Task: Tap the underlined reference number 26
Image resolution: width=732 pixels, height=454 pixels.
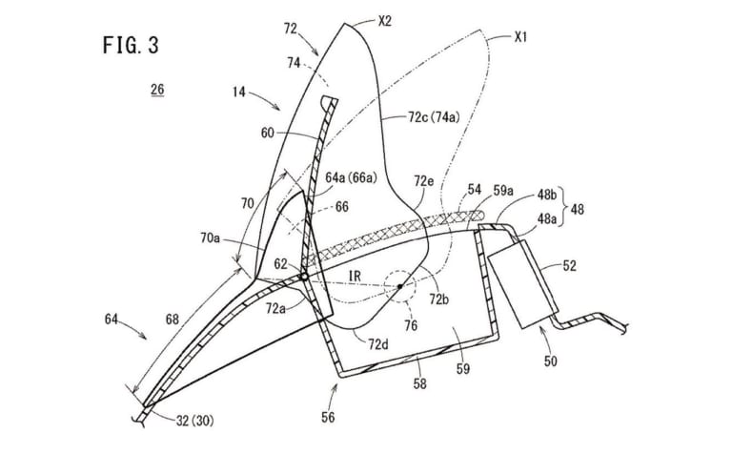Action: [x=156, y=92]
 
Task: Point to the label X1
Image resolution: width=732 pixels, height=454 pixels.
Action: [x=520, y=38]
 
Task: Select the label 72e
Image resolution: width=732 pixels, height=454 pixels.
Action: [x=423, y=176]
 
